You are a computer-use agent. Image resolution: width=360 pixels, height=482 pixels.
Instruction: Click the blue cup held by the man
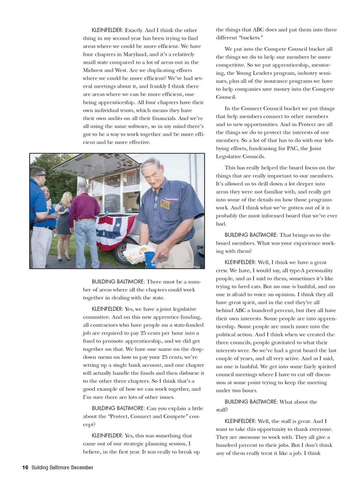click(149, 259)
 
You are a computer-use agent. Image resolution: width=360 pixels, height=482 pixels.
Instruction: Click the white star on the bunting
click(118, 225)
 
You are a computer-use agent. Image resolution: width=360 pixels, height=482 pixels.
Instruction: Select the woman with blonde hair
click(64, 212)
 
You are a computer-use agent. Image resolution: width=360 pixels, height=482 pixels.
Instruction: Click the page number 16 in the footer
click(25, 467)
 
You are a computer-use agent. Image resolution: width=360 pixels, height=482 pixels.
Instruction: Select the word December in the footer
click(82, 467)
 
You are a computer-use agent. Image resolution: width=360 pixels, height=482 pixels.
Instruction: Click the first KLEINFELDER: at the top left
click(107, 30)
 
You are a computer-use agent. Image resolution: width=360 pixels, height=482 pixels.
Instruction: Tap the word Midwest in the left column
click(93, 70)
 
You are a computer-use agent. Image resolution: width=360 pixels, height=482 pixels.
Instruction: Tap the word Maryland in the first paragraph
click(129, 54)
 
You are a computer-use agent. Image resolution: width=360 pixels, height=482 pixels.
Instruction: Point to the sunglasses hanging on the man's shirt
click(156, 203)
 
